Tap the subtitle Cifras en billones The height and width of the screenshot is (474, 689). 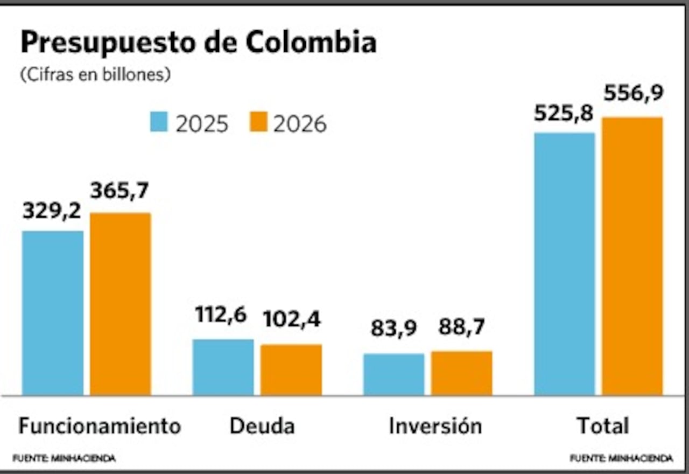tap(95, 75)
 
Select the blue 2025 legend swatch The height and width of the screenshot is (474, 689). tap(159, 123)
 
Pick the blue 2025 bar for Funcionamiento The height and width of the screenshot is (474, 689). tap(53, 313)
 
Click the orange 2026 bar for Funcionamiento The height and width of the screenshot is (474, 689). tap(121, 304)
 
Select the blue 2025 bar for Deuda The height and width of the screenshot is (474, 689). tap(223, 367)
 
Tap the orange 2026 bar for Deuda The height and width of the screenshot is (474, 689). tap(291, 370)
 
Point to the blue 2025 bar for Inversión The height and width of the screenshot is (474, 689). tap(394, 374)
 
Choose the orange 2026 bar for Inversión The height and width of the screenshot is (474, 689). tap(461, 373)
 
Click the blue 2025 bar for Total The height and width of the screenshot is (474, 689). tap(565, 264)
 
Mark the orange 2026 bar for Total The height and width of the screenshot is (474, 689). tap(632, 256)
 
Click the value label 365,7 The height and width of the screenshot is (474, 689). tap(119, 191)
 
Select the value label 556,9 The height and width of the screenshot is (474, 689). tap(634, 94)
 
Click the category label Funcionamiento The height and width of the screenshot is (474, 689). tap(100, 426)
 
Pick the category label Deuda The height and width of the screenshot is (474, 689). tap(262, 426)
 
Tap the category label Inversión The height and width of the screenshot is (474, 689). tap(435, 426)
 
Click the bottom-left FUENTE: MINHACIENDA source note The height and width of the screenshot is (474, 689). tap(64, 458)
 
